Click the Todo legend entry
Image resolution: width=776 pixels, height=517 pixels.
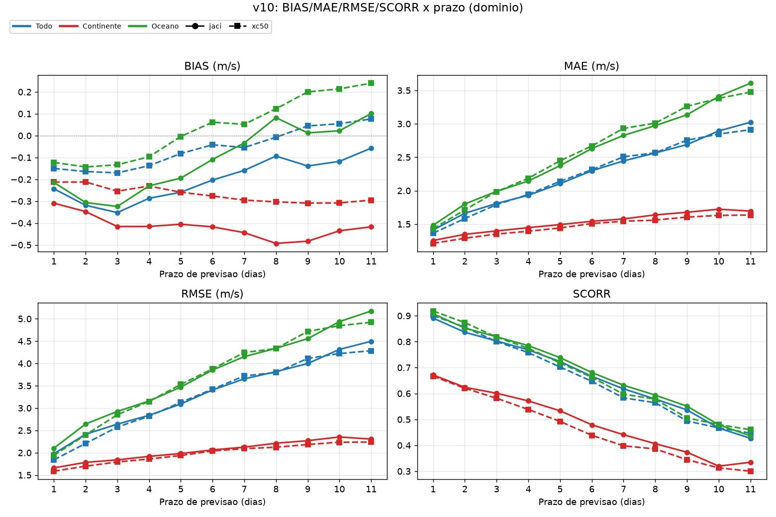pos(32,26)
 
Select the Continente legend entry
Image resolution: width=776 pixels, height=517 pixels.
pos(90,26)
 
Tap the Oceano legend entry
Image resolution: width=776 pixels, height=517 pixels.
pos(154,26)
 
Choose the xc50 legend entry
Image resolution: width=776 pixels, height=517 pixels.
pos(249,26)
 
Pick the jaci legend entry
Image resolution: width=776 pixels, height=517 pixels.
pos(204,26)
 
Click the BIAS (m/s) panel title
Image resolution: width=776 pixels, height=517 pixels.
pos(212,66)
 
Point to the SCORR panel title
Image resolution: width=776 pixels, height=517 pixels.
pos(592,294)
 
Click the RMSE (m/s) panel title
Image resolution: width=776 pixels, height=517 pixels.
pos(212,294)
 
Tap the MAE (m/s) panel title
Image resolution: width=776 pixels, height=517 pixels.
pos(592,66)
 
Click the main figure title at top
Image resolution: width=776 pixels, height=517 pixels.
pos(388,7)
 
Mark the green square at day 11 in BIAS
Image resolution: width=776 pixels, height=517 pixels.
pos(371,83)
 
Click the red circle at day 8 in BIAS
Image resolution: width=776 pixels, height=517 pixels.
pos(276,244)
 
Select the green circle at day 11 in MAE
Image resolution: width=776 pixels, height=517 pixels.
pos(751,83)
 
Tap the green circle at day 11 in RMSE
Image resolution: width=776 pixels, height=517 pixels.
pos(371,311)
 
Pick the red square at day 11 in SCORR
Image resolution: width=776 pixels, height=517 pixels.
pos(751,471)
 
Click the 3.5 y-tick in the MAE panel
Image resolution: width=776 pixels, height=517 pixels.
pos(404,91)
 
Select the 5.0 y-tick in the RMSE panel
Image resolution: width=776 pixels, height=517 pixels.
pos(24,319)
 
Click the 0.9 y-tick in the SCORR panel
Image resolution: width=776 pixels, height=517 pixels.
pos(404,316)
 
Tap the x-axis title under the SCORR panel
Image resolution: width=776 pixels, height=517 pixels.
pos(592,502)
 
